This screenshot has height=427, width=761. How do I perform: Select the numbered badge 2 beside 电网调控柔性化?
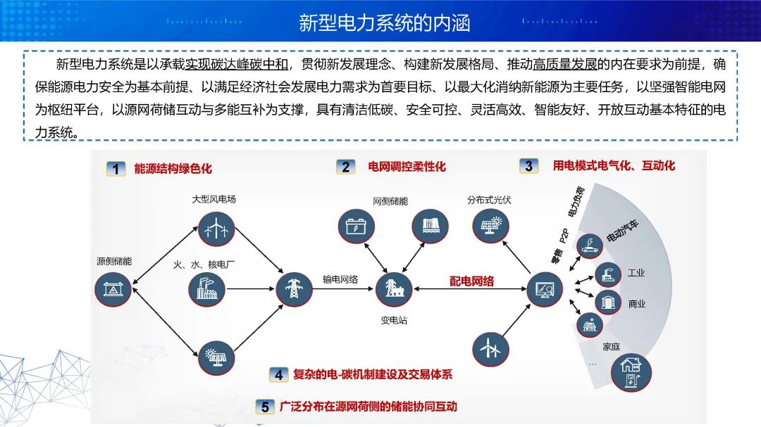click(345, 167)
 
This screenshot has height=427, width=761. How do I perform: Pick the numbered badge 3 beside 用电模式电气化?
click(528, 166)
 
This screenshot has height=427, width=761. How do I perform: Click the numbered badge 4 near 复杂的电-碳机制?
click(279, 375)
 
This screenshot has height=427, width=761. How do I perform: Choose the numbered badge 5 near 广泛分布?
click(264, 407)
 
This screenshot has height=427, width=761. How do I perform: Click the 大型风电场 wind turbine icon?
click(213, 227)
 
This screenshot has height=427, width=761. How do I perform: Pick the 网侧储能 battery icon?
click(356, 227)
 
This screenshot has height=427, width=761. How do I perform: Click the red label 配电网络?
click(471, 281)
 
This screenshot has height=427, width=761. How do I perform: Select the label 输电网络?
click(340, 279)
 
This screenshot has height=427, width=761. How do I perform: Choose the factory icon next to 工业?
click(606, 274)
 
